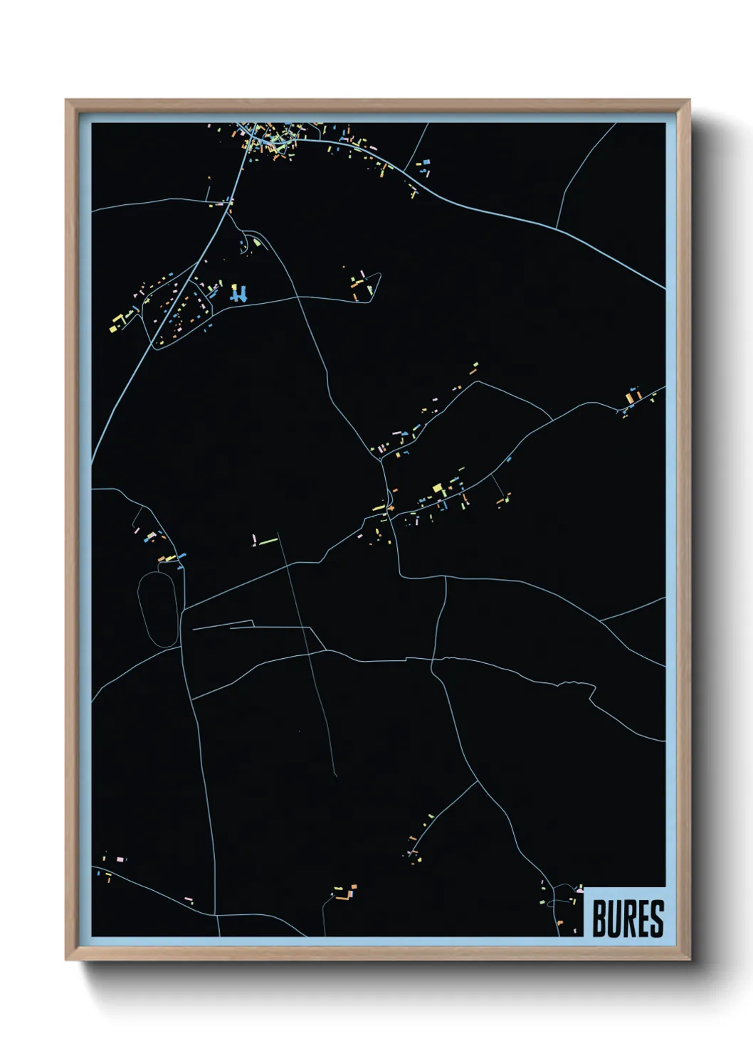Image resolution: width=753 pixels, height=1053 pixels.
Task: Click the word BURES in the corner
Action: pos(627,919)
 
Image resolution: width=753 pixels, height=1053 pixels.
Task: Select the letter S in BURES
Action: pos(656,919)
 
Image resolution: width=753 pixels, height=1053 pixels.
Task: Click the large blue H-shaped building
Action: pos(239,293)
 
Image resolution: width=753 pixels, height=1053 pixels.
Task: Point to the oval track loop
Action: pos(158,609)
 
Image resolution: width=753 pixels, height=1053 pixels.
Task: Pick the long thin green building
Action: pos(268,541)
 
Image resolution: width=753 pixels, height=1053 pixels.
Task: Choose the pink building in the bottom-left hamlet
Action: pos(120,859)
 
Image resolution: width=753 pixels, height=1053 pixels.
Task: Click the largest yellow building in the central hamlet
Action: pos(438,488)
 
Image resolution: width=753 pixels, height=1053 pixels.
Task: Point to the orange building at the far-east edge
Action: pos(630,396)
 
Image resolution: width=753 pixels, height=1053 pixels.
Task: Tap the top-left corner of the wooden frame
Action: pos(67,101)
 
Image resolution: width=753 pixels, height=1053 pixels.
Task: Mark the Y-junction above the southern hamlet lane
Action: pos(477,781)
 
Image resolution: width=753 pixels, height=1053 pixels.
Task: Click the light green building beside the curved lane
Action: pos(257,243)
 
